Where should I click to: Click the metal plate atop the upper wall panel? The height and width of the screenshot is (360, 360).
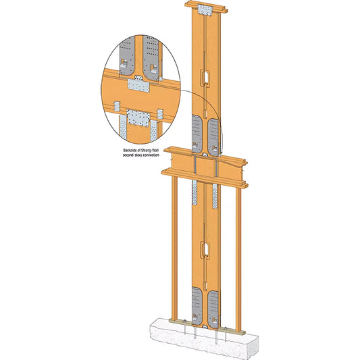(x=205, y=10)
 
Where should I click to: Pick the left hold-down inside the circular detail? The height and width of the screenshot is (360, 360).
(x=124, y=61)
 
